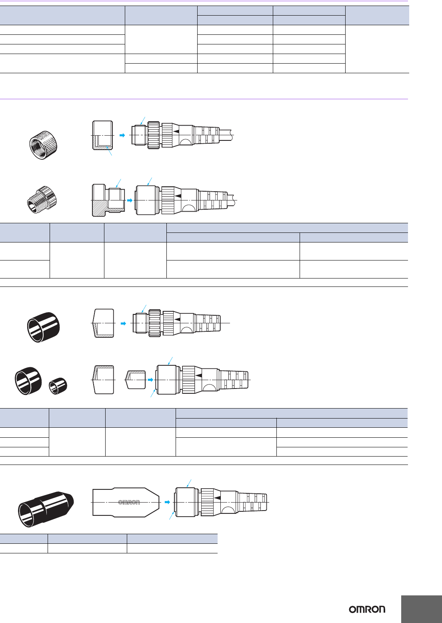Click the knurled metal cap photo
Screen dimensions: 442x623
pyautogui.click(x=44, y=145)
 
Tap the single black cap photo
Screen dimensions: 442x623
pyautogui.click(x=43, y=327)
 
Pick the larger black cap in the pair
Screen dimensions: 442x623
pyautogui.click(x=28, y=381)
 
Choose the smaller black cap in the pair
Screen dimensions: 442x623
pyautogui.click(x=58, y=386)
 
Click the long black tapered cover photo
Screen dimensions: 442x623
pyautogui.click(x=46, y=509)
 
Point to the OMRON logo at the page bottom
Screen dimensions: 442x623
pyautogui.click(x=367, y=609)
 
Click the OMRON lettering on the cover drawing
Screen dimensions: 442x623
pyautogui.click(x=129, y=502)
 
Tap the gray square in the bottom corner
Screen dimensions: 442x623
pyautogui.click(x=422, y=609)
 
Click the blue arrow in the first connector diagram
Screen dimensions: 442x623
pyautogui.click(x=122, y=135)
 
